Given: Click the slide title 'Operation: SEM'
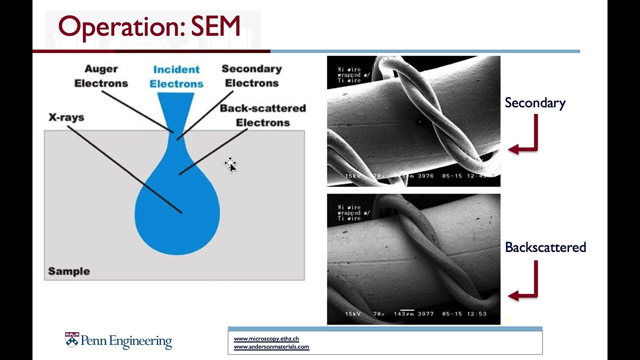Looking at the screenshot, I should pos(149,27).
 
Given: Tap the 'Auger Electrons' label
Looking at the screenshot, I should pos(101,76).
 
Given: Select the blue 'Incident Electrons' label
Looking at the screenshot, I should pos(176,76).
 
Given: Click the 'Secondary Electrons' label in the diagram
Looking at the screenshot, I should pos(251,76).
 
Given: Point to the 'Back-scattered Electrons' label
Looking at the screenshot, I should pos(262,115).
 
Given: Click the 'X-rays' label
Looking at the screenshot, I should pos(66,117).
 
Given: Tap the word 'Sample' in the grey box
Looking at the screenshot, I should pos(69,271).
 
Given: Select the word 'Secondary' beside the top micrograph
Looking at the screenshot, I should pos(535,103).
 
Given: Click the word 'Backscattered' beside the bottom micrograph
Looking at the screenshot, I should pos(545,247).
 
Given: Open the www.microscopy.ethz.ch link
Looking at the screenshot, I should pos(266,339).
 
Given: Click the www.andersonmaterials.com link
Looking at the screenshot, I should pos(271,347).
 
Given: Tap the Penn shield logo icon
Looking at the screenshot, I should pos(72,340).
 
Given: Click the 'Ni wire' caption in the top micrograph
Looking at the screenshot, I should pos(349,69).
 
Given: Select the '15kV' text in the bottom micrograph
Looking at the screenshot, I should pos(353,314).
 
